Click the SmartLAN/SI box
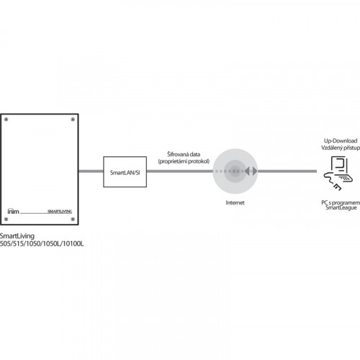click(x=125, y=171)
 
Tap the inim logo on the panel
click(x=13, y=211)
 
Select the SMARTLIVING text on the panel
click(x=60, y=211)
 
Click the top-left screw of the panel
click(x=6, y=120)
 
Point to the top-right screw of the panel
click(x=73, y=120)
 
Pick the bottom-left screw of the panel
click(x=6, y=219)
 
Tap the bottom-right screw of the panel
click(x=73, y=219)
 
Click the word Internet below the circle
click(x=235, y=202)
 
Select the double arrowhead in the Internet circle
click(x=251, y=171)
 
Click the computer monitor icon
click(x=339, y=164)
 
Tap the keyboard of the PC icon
click(x=346, y=179)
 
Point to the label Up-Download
click(x=341, y=140)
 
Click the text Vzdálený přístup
click(x=341, y=148)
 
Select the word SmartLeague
click(x=341, y=208)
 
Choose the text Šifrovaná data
click(x=184, y=154)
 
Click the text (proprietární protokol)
click(x=184, y=161)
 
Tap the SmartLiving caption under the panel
click(x=17, y=236)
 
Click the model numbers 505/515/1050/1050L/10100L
click(x=42, y=243)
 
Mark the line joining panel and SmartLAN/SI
click(x=91, y=171)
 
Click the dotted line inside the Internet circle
click(x=228, y=171)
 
